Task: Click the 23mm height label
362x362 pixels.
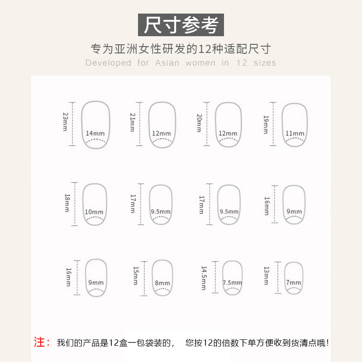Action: click(66, 122)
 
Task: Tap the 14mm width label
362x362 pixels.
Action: click(95, 133)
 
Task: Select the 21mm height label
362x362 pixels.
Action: click(132, 122)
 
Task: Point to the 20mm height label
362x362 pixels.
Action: click(199, 123)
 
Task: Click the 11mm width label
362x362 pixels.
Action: click(295, 133)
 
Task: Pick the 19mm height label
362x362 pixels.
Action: click(266, 125)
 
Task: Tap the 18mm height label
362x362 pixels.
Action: click(67, 203)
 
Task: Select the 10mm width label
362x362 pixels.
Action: click(94, 212)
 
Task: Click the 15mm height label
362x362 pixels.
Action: click(136, 276)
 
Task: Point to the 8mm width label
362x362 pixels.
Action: click(162, 283)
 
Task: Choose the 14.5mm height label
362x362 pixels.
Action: click(204, 278)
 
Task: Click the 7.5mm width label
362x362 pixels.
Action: click(232, 282)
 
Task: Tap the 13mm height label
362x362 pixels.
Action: click(267, 276)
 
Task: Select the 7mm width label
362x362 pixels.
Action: click(293, 282)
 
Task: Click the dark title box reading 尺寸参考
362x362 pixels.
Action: click(181, 25)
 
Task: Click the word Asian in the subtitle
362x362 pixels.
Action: click(167, 63)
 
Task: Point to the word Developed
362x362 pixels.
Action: click(108, 63)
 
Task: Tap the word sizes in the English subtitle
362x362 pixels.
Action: click(265, 63)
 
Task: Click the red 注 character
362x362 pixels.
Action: click(39, 342)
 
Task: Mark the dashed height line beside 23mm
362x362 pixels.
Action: click(72, 124)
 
